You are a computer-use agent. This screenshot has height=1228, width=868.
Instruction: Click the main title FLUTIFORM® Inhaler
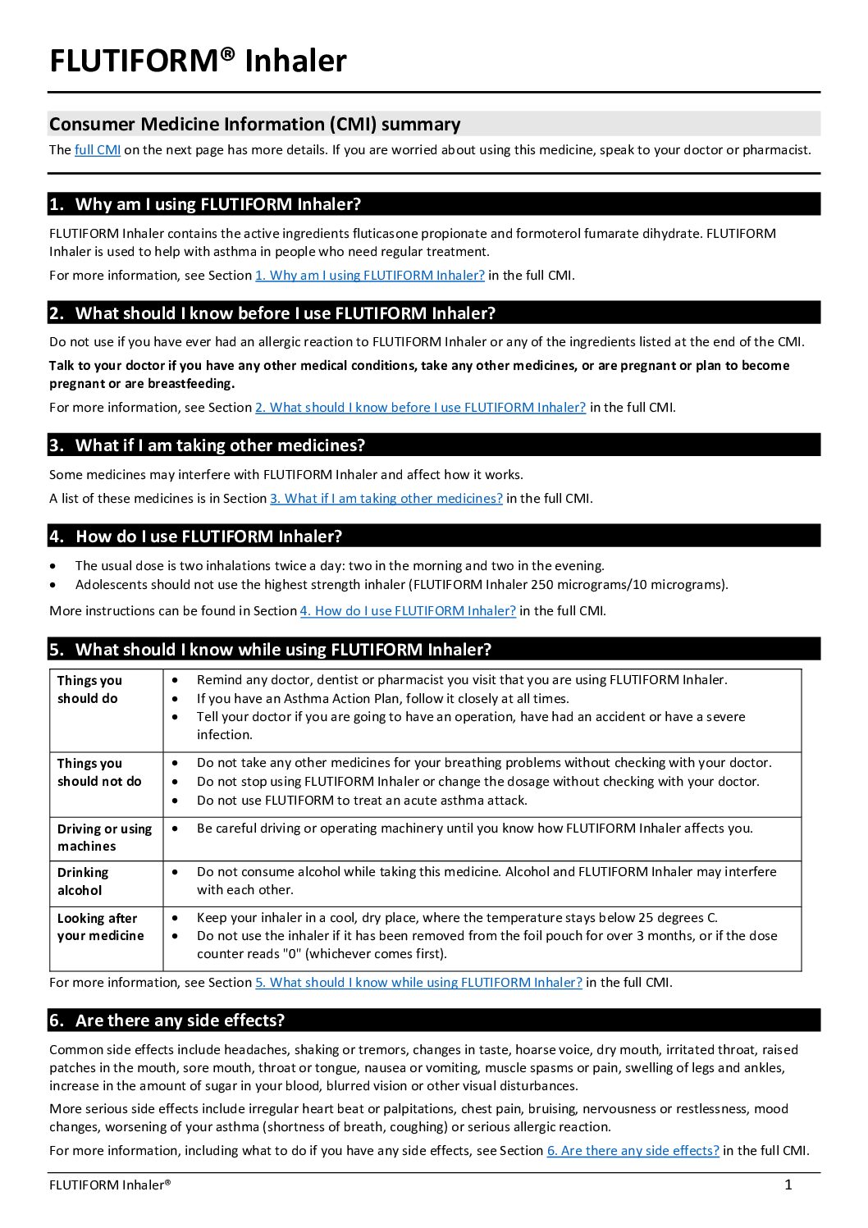tap(198, 61)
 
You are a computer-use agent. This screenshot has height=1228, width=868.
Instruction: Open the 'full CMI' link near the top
tap(97, 149)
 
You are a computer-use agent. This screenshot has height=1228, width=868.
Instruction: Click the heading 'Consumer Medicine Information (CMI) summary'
tap(254, 124)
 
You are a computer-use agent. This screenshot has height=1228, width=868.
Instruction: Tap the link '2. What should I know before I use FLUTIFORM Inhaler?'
tap(420, 407)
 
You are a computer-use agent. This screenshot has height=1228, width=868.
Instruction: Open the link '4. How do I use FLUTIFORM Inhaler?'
tap(407, 610)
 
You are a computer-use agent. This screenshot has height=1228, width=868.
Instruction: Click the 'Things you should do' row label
tap(89, 689)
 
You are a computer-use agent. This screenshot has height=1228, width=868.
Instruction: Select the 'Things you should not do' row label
tap(99, 772)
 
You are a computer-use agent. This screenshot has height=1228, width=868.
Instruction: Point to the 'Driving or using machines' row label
tap(104, 837)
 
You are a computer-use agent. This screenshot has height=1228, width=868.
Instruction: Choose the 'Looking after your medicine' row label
tap(100, 927)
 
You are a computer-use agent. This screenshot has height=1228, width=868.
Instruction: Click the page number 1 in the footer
tap(788, 1185)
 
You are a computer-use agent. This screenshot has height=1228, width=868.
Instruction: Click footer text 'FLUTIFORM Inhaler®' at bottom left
tap(110, 1185)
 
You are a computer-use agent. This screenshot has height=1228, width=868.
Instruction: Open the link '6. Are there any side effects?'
tap(633, 1150)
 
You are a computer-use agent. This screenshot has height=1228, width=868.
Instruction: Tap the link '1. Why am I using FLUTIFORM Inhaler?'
tap(369, 275)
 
